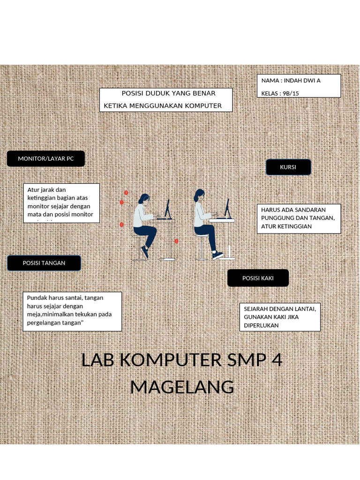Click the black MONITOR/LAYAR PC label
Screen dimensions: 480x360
coord(46,159)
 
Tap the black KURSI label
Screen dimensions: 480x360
coord(288,167)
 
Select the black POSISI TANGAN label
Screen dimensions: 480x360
coord(44,263)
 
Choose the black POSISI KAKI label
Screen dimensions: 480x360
coord(258,278)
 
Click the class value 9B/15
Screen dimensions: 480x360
coord(291,93)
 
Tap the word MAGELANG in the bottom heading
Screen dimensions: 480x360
coord(182,387)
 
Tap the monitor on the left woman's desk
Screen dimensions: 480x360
coord(167,208)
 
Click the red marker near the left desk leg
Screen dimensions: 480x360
coord(176,241)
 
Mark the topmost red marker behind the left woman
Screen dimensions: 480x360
coord(126,193)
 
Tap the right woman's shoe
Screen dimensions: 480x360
coord(217,255)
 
